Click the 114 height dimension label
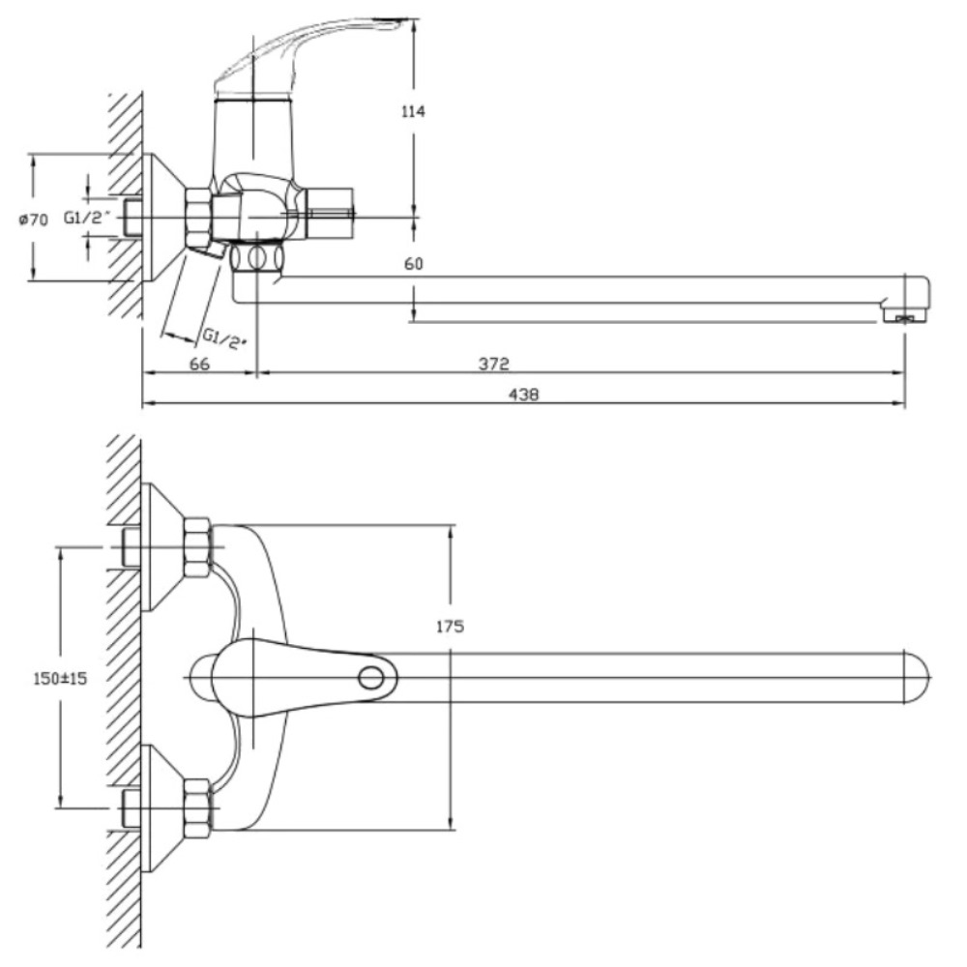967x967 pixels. (413, 111)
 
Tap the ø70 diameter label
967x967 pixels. (33, 219)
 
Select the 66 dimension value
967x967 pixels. (199, 364)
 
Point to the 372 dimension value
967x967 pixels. (494, 364)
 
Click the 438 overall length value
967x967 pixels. (523, 395)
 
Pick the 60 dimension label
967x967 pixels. (414, 264)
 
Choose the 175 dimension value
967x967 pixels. (451, 627)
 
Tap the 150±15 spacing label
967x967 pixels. (60, 679)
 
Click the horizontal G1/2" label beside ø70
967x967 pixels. (88, 217)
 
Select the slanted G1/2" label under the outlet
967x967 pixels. (224, 338)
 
